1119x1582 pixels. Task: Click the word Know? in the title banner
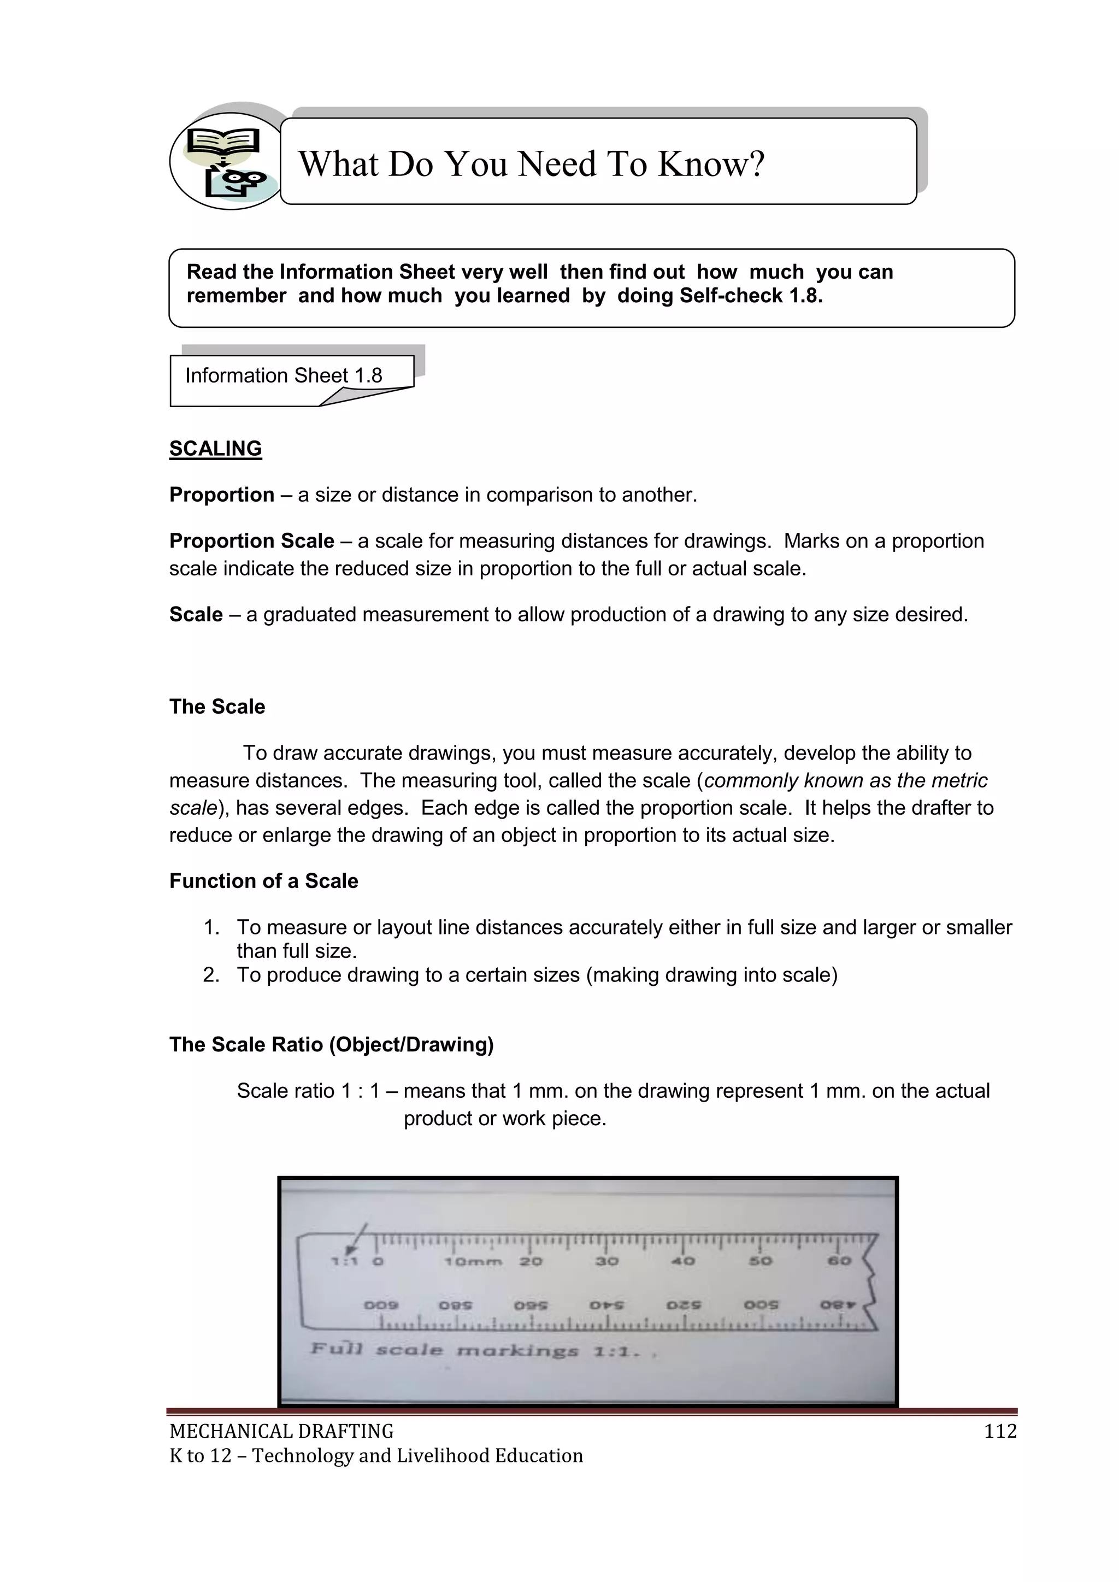click(710, 164)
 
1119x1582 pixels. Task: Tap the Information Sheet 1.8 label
click(283, 375)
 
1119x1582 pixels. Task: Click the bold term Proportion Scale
click(251, 541)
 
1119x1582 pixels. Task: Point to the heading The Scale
click(217, 706)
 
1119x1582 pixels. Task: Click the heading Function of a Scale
click(263, 880)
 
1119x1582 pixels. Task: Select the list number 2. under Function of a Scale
click(211, 975)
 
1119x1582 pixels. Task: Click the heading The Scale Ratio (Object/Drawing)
click(332, 1045)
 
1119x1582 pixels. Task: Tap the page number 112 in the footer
click(1000, 1431)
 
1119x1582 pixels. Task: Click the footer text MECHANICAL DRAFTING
click(281, 1431)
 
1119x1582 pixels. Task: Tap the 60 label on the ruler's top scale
click(839, 1261)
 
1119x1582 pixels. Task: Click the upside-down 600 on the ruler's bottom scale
click(381, 1305)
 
